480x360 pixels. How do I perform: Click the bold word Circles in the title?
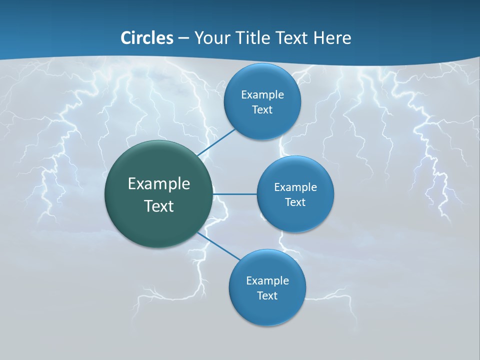[147, 38]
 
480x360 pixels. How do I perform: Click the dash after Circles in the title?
[183, 38]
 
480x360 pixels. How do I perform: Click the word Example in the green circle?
[159, 183]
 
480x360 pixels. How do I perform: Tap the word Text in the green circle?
[159, 206]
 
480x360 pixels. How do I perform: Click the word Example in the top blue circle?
[262, 95]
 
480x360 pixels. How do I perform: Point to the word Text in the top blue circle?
[262, 110]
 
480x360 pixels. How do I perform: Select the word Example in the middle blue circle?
[295, 187]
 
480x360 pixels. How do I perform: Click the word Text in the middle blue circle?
[295, 202]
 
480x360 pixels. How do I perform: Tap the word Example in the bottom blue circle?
[267, 280]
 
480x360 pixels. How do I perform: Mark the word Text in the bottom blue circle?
[267, 295]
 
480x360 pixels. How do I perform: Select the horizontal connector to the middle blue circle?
[235, 194]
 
